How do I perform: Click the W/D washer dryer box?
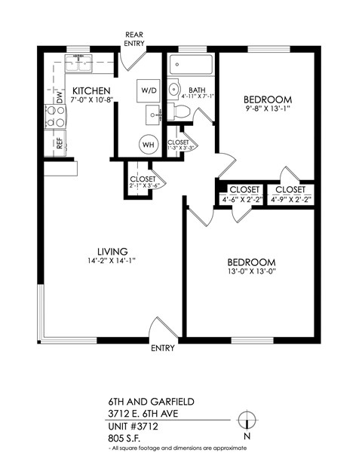[x=148, y=90]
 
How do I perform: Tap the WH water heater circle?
[x=148, y=145]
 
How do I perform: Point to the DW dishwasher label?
[x=59, y=96]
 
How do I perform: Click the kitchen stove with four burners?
[x=56, y=117]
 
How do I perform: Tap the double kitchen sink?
[x=78, y=66]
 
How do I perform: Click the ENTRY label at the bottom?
[x=163, y=348]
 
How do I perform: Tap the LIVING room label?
[x=112, y=251]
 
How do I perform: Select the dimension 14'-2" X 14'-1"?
[x=111, y=261]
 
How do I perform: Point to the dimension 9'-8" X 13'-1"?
[x=267, y=109]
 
